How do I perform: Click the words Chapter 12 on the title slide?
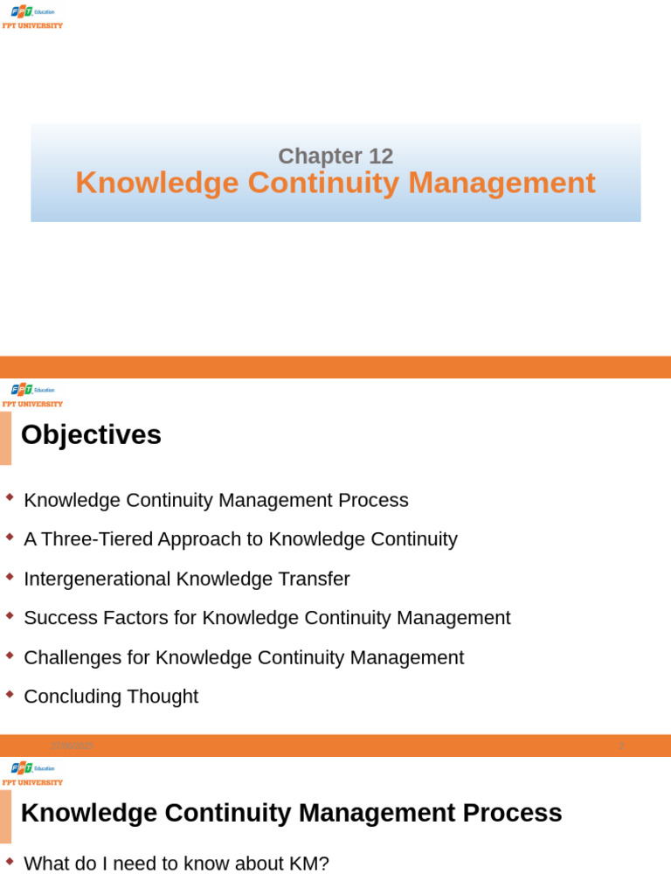[335, 156]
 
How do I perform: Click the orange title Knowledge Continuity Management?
[335, 183]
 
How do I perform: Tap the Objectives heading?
[91, 435]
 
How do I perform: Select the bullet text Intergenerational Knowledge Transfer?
[186, 579]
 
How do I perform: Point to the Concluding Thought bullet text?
[111, 697]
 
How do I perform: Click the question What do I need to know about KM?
[176, 864]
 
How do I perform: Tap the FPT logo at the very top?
[32, 11]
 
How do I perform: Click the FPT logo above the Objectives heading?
[32, 390]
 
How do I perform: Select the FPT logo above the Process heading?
[32, 768]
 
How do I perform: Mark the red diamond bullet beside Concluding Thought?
[10, 694]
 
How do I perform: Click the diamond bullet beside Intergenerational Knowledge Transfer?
[10, 576]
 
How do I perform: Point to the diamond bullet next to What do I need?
[10, 861]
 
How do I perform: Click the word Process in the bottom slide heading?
[512, 813]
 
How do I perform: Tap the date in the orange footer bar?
[72, 746]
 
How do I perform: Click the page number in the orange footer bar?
[621, 746]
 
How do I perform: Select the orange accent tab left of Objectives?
[5, 438]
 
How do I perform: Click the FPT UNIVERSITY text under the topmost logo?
[32, 26]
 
